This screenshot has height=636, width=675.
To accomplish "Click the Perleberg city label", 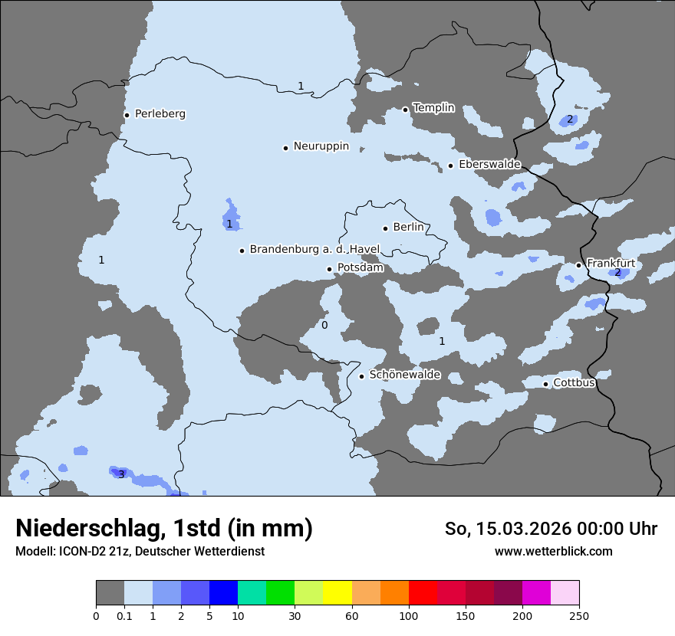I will click(x=160, y=114).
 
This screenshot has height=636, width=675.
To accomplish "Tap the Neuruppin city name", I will click(x=321, y=146).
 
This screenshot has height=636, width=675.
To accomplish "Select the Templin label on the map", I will click(x=433, y=108).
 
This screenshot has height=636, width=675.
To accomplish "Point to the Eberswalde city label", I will click(x=489, y=165).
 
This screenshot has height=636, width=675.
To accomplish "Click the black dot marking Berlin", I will click(x=385, y=228).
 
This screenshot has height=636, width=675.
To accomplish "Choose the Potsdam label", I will click(x=360, y=268).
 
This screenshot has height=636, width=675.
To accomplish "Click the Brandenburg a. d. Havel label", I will click(x=314, y=250).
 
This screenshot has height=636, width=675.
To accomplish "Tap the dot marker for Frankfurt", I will click(x=578, y=265).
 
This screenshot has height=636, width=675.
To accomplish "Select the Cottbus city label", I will click(x=574, y=383).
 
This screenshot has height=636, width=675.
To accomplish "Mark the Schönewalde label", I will click(x=404, y=375).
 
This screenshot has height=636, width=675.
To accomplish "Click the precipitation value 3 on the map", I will click(x=120, y=474).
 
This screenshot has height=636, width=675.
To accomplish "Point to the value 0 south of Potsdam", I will click(x=324, y=326).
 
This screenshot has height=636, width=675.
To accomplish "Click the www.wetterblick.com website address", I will click(x=553, y=552).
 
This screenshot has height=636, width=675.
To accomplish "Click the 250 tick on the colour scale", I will click(x=579, y=615).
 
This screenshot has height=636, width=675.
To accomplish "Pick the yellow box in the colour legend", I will click(x=337, y=593).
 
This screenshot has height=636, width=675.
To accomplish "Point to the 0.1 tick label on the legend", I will click(x=124, y=615).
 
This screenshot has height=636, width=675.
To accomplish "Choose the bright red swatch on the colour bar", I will click(x=422, y=593).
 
